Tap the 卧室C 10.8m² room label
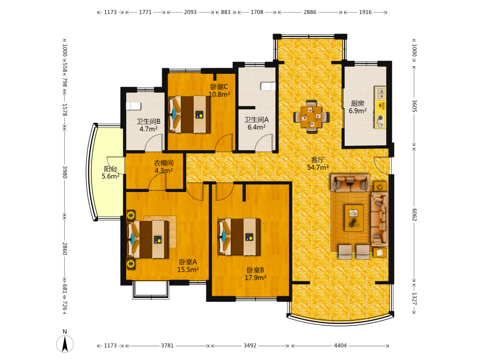point(219,91)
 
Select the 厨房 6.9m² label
point(358,107)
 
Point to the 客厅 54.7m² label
point(318,164)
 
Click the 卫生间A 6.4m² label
point(256,123)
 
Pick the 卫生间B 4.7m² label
point(148,125)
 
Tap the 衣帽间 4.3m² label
point(164,167)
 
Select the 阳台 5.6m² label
point(110,173)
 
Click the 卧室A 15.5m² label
point(188,266)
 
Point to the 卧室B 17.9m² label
point(255,274)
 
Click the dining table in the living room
point(312,117)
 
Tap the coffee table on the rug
point(354,218)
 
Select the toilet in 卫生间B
point(133,106)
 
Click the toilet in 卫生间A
point(268,86)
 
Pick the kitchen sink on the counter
point(381,93)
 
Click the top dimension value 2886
point(310,12)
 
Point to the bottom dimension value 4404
point(340,346)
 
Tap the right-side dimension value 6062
point(414,215)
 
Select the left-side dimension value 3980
point(65,172)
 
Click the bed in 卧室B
point(239,237)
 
